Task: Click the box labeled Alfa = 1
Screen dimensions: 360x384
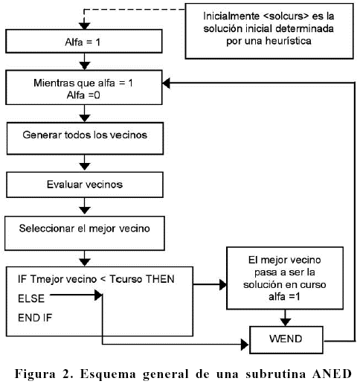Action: (84, 41)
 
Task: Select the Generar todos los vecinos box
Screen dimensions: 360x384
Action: (85, 138)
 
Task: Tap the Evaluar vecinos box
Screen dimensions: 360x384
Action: (85, 185)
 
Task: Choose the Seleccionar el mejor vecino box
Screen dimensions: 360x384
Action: (85, 233)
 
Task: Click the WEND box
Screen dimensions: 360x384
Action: (286, 339)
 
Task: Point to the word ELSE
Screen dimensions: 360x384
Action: (31, 298)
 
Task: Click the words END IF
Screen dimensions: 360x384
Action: (35, 318)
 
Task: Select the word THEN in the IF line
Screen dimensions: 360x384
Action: (160, 279)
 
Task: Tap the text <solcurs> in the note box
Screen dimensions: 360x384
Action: (286, 16)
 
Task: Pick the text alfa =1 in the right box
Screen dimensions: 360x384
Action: (284, 296)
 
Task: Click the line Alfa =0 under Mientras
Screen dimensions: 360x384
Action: (83, 95)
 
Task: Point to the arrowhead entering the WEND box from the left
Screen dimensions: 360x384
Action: (245, 345)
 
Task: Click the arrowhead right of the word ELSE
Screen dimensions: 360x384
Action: (98, 295)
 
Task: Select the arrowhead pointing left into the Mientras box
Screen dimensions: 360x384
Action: (167, 83)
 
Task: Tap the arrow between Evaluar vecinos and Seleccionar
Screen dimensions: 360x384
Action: (85, 206)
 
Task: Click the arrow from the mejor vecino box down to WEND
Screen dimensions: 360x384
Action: (285, 318)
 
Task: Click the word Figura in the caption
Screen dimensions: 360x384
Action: (35, 374)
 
